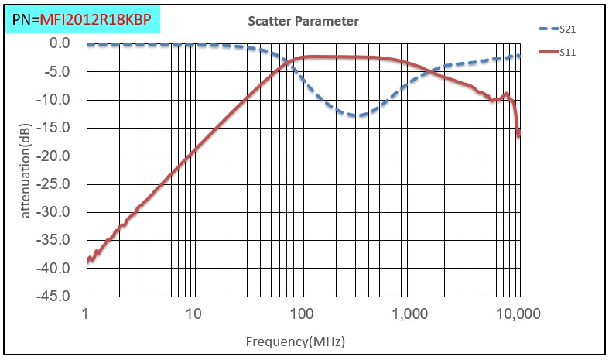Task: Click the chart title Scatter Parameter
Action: coord(303,21)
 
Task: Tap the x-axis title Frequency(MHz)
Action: coord(295,341)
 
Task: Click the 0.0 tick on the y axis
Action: coord(60,44)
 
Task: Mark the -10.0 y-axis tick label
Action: coord(56,100)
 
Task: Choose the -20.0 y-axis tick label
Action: coord(56,156)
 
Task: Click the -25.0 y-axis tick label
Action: coord(56,184)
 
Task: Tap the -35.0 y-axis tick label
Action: coord(56,240)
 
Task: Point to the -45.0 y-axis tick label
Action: coord(56,297)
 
